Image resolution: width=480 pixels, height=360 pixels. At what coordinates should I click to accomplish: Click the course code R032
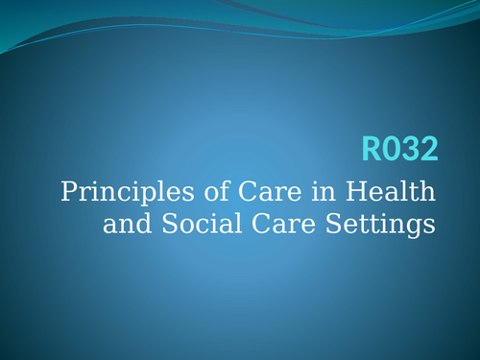(x=400, y=149)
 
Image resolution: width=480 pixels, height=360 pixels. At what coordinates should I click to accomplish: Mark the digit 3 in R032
(x=411, y=149)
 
